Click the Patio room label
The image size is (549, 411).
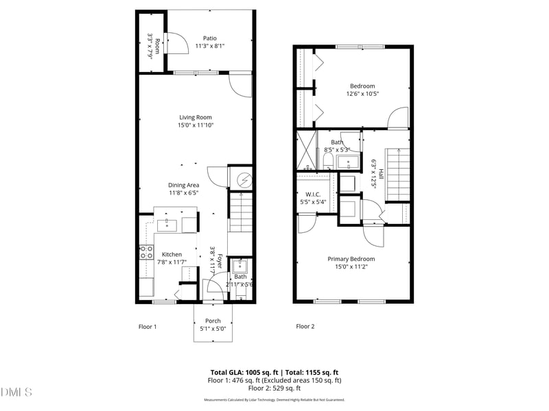pos(209,38)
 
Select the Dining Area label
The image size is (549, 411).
pos(184,185)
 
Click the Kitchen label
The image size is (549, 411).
pos(172,254)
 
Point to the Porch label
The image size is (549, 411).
pos(213,321)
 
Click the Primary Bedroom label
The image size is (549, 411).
pos(351,258)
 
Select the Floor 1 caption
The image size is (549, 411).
pos(148,327)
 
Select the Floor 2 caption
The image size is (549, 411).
pos(305,327)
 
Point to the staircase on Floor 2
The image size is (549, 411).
pos(397,175)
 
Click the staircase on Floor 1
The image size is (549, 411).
pos(240,212)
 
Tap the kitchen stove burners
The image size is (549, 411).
pos(145,253)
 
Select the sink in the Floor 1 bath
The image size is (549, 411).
pos(240,266)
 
